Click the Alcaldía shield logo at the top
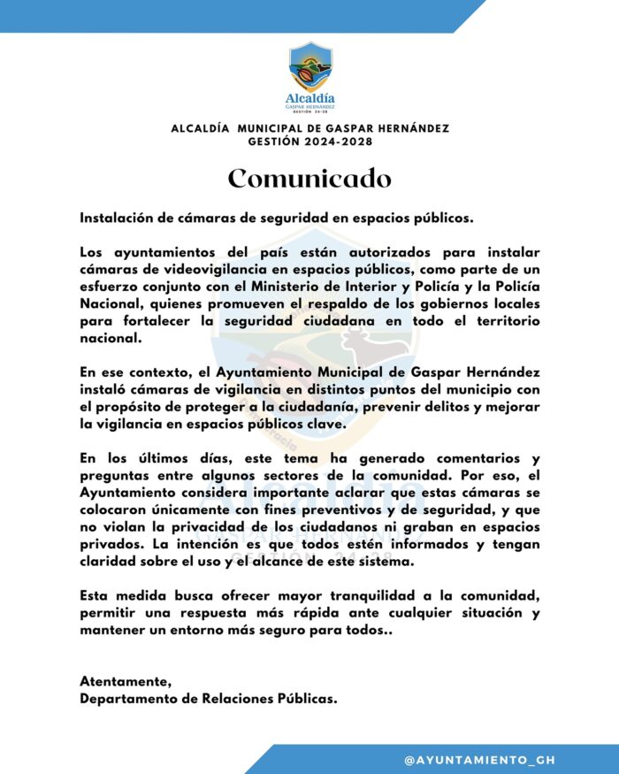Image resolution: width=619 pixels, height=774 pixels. coord(309,67)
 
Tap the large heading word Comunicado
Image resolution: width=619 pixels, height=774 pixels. coord(309,178)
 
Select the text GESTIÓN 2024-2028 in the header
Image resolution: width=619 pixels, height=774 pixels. coord(309,142)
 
